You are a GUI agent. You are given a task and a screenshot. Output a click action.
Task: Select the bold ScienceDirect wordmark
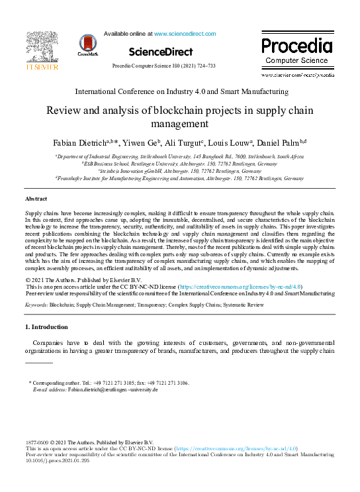(x=161, y=52)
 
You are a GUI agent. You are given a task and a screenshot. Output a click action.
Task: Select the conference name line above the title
(x=181, y=91)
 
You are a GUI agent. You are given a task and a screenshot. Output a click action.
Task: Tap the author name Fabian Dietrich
(x=81, y=143)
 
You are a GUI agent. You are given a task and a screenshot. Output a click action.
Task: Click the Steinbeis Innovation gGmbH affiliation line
(x=180, y=170)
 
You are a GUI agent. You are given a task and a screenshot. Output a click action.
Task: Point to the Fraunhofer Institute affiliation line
(x=180, y=178)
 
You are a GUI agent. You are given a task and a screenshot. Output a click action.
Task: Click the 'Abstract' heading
(x=36, y=199)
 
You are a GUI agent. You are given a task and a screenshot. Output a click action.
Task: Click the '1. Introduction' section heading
(x=46, y=327)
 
